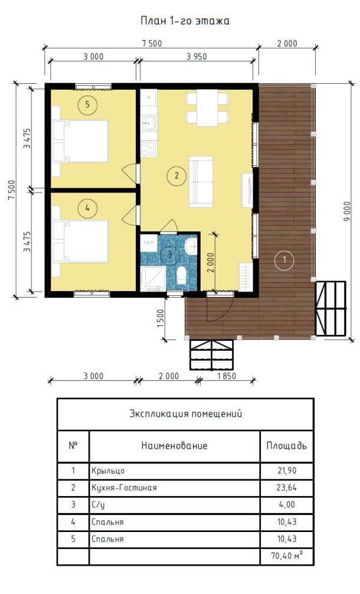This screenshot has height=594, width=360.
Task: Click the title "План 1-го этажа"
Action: coord(185,21)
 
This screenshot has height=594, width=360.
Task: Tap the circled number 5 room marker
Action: coord(87,104)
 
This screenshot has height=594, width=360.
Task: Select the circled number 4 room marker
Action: coord(87,208)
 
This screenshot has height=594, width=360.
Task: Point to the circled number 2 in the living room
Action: coord(176,175)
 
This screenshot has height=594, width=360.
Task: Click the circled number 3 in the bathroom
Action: coord(170,254)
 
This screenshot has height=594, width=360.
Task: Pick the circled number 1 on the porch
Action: coord(284,260)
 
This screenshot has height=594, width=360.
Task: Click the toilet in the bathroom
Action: coord(182,275)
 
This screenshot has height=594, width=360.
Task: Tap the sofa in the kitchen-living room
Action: coord(201,181)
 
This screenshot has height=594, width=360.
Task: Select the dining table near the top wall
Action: coord(207,107)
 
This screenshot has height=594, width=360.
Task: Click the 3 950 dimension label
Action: coord(197,57)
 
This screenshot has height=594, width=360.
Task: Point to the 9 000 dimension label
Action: coord(348,212)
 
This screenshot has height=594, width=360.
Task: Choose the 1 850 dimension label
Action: coord(227,376)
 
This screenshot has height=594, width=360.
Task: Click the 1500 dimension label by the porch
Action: coord(160,319)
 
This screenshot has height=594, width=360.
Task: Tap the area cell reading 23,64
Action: coord(287,488)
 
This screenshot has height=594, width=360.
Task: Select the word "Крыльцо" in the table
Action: coord(108,471)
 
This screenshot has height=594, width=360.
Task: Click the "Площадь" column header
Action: coord(287,445)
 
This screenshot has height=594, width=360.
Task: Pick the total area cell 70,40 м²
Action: coord(287,556)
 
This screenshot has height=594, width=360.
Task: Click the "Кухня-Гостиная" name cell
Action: coord(124,488)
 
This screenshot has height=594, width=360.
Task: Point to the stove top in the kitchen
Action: coord(148,149)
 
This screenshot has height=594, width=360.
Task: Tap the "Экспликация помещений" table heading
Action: coord(185,413)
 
